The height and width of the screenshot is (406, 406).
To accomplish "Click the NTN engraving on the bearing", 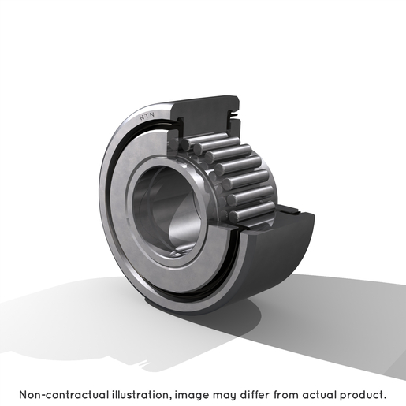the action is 147,116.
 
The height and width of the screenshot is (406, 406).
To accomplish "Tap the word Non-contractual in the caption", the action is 64,394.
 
